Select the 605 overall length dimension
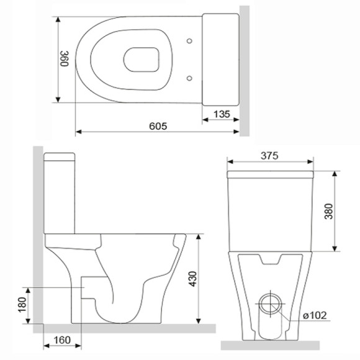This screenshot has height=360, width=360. point(158,125)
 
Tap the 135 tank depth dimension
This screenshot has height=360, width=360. point(221,114)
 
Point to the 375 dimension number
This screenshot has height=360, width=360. point(269,155)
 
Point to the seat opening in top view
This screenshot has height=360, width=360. point(142,59)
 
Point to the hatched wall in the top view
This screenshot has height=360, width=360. point(245,68)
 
